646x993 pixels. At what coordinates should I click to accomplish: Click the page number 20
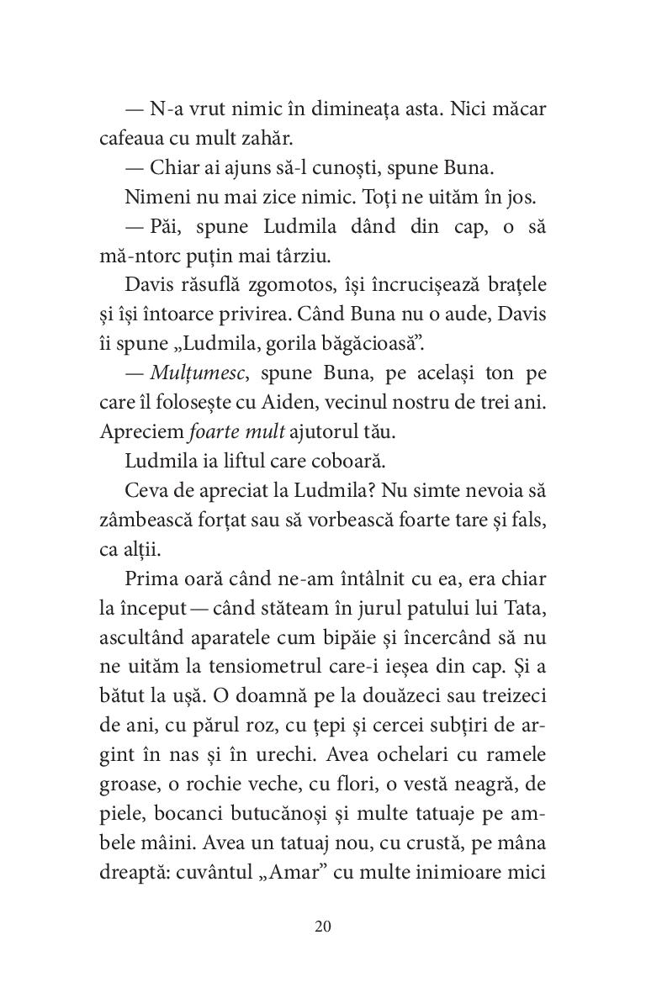[323, 927]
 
